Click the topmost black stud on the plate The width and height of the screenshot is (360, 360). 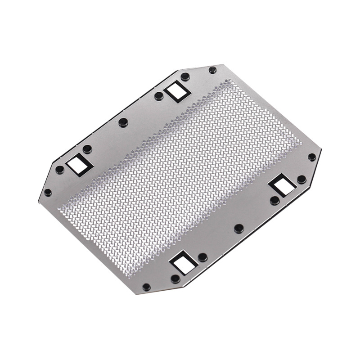[212, 70]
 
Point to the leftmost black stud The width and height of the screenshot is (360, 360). [47, 192]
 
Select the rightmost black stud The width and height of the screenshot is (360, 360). [311, 157]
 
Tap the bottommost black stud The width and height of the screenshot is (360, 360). [145, 287]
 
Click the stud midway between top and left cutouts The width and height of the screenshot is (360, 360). [123, 122]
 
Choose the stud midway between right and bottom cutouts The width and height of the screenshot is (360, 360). [239, 228]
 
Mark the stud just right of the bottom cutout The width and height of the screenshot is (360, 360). [202, 257]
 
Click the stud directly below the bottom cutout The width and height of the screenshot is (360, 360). [175, 279]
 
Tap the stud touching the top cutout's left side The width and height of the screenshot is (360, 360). [159, 95]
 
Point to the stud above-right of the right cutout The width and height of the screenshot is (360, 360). [301, 179]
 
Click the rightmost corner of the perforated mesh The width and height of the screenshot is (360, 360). [301, 143]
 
